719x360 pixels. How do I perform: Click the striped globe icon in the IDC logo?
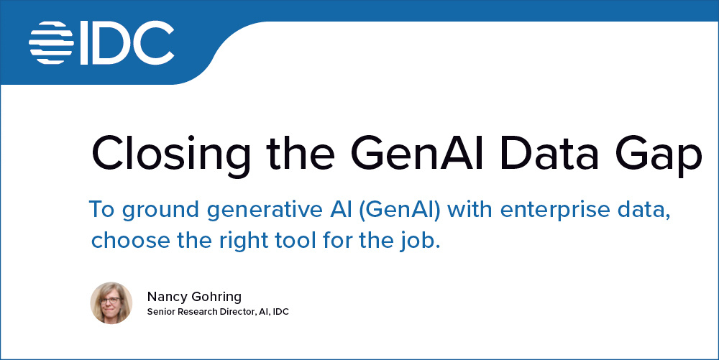coord(52,42)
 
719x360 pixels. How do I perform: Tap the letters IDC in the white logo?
coord(126,42)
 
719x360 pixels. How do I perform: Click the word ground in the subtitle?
coord(154,211)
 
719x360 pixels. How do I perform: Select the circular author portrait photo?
coord(111,303)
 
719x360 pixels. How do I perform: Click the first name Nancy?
coord(166,296)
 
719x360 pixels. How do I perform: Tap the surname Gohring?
coord(216,297)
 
